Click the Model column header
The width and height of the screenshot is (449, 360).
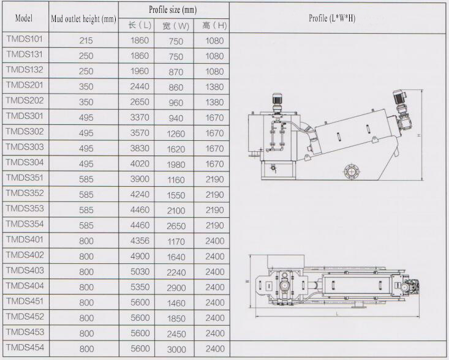(x=24, y=18)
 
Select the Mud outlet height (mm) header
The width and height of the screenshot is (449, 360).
(x=84, y=19)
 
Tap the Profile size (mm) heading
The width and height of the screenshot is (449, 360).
(x=173, y=10)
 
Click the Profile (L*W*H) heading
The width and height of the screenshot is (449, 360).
(x=332, y=18)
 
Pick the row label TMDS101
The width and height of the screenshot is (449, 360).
(x=25, y=39)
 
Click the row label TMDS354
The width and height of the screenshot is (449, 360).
(x=25, y=224)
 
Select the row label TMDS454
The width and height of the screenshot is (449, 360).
(x=25, y=347)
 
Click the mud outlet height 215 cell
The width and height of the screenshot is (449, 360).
(x=86, y=40)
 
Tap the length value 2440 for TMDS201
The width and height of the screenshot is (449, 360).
(x=140, y=86)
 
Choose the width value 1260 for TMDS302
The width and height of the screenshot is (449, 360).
(x=176, y=133)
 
